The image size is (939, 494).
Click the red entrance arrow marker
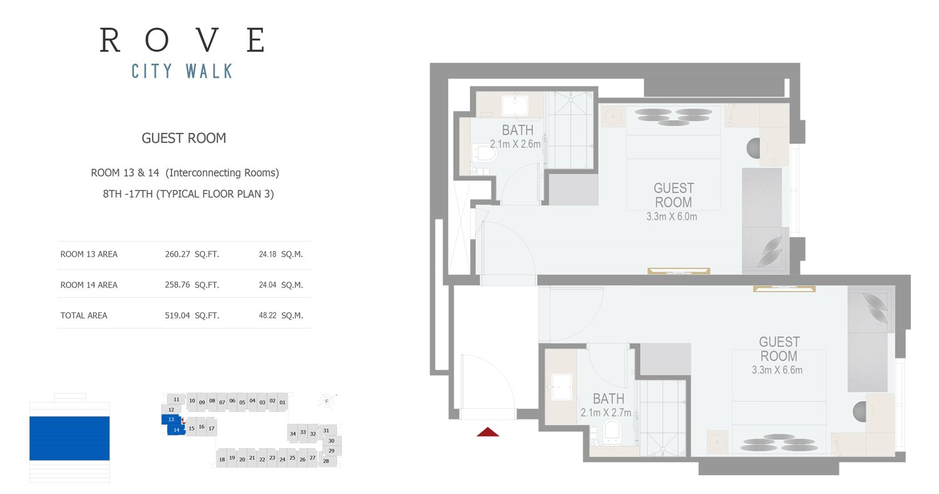[x=488, y=432]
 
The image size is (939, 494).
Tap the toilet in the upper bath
[x=485, y=154]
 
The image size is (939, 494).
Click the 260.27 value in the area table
[x=177, y=255]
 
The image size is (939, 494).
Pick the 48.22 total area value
[x=267, y=315]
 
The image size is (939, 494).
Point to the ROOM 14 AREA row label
[x=89, y=285]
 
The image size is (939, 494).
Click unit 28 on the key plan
[x=326, y=461]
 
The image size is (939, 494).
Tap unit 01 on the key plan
[x=282, y=402]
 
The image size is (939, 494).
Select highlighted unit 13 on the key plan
[x=171, y=419]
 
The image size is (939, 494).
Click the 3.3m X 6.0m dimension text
[x=672, y=216]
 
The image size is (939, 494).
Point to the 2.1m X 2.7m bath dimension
[x=606, y=413]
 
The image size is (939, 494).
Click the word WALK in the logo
[x=209, y=71]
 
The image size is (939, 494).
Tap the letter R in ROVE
[x=110, y=40]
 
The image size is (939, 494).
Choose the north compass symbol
[x=327, y=401]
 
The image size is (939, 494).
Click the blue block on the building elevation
[x=69, y=438]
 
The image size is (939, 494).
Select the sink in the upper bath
[x=515, y=105]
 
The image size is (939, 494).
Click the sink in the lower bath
[x=561, y=387]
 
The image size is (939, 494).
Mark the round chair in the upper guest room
[x=753, y=148]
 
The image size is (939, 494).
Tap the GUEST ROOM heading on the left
[x=183, y=138]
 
